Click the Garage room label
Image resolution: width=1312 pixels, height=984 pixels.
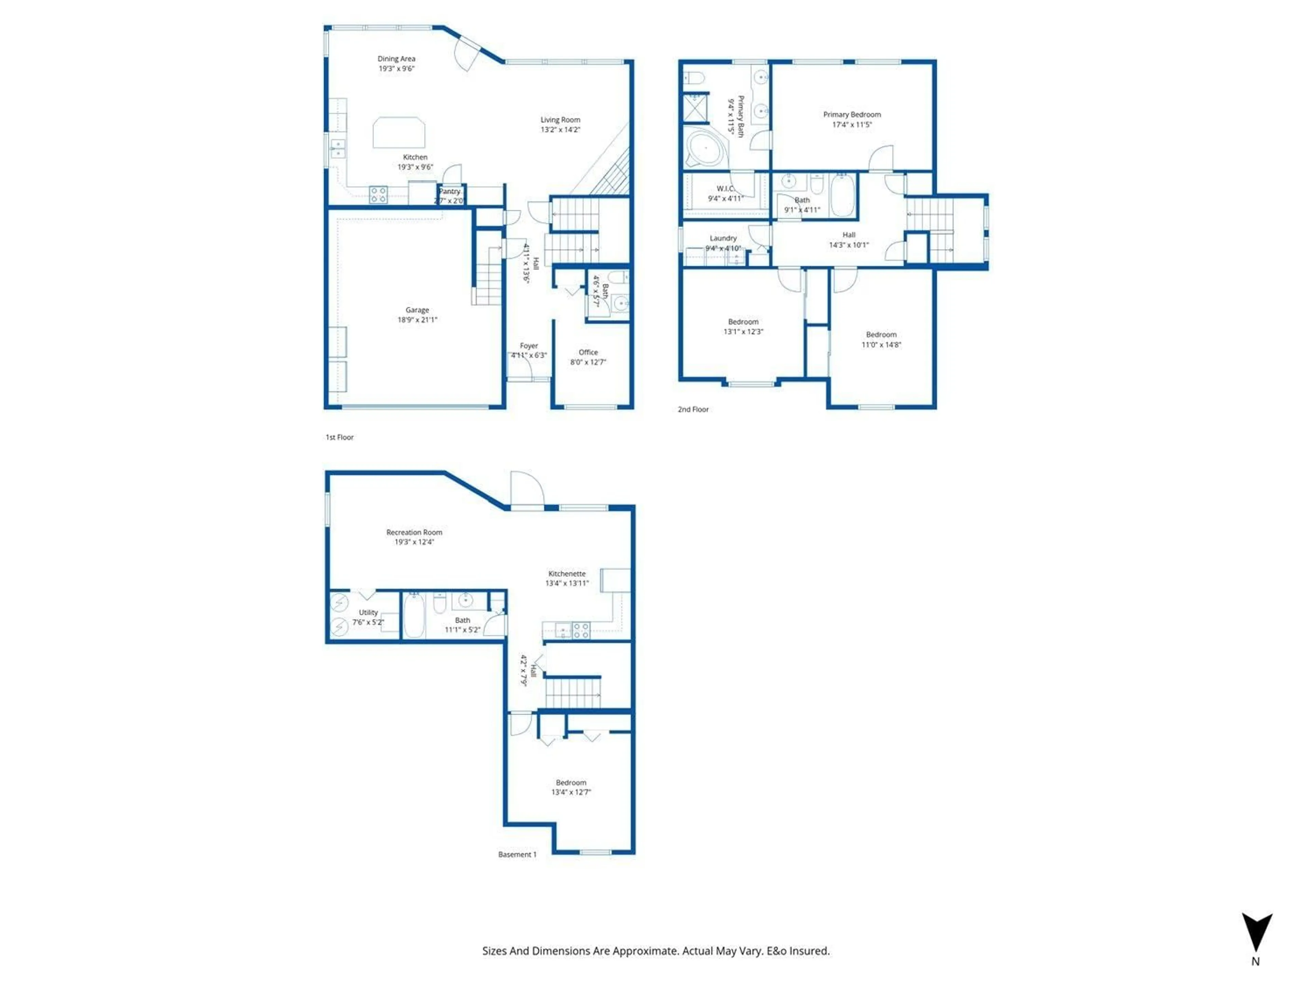[x=417, y=310]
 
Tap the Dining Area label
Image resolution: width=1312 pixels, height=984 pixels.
[x=396, y=59]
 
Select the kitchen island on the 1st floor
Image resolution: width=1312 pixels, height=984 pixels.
[x=399, y=132]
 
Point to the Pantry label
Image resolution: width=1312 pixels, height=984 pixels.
[x=450, y=192]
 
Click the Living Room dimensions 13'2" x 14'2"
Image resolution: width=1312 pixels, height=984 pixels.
[x=560, y=129]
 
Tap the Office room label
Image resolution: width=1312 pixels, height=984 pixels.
[x=588, y=352]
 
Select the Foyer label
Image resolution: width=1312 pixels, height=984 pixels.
[x=529, y=346]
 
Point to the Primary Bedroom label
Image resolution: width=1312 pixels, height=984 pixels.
[x=852, y=114]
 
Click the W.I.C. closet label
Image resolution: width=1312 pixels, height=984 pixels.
[x=725, y=189]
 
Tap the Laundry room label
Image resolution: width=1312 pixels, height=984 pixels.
[x=723, y=238]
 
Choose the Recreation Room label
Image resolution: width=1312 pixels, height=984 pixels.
[x=414, y=532]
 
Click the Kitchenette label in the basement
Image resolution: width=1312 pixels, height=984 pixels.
[x=566, y=574]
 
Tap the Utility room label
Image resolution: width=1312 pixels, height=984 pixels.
[x=368, y=612]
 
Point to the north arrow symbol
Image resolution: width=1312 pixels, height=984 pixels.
[x=1256, y=932]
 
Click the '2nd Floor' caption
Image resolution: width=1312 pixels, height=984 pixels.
[x=693, y=409]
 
